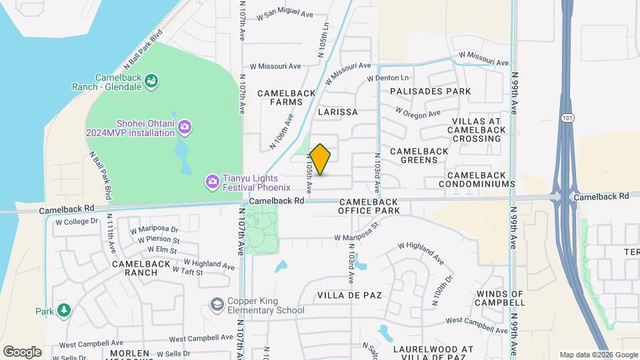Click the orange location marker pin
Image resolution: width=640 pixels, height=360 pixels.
[321, 159]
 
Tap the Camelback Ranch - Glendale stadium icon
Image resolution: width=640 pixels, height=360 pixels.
[152, 81]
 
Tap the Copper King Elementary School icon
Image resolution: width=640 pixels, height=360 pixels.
[217, 305]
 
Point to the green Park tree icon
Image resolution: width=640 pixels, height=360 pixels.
[63, 311]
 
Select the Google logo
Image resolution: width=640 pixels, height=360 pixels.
[22, 352]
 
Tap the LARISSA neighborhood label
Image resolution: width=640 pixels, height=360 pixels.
[338, 112]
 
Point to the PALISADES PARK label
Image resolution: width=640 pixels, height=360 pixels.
[431, 91]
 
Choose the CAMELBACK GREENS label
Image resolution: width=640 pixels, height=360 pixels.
[419, 156]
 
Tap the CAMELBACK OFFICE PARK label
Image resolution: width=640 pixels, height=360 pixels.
[369, 206]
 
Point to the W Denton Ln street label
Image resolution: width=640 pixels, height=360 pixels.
[389, 79]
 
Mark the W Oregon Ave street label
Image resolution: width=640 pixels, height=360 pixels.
[417, 113]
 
